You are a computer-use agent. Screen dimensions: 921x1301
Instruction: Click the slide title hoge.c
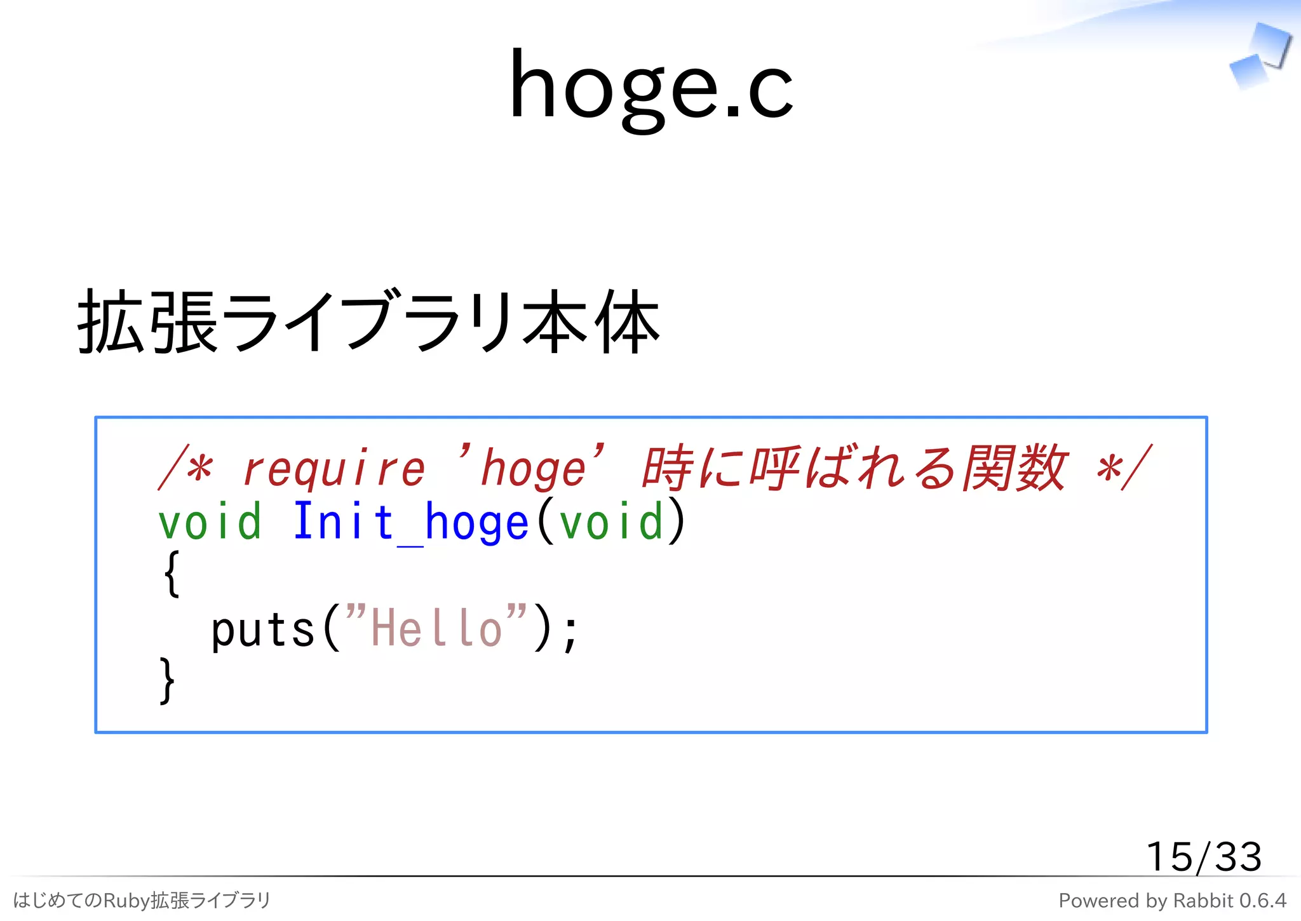point(650,86)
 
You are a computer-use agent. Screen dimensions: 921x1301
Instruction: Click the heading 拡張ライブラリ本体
point(368,321)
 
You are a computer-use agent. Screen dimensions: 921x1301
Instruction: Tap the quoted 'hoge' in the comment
point(532,467)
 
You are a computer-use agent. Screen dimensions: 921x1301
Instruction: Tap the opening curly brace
point(172,574)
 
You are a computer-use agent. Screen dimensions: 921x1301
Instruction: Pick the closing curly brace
point(166,681)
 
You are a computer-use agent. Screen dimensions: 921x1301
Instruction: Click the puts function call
point(263,630)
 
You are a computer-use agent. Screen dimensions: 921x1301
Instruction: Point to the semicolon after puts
point(570,631)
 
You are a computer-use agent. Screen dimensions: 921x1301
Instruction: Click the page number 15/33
point(1203,856)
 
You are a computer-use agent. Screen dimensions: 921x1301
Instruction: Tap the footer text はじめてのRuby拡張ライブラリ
point(142,900)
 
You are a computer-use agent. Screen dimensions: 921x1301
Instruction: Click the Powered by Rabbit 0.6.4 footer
point(1172,901)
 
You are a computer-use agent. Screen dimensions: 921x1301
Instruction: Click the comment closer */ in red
point(1124,469)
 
